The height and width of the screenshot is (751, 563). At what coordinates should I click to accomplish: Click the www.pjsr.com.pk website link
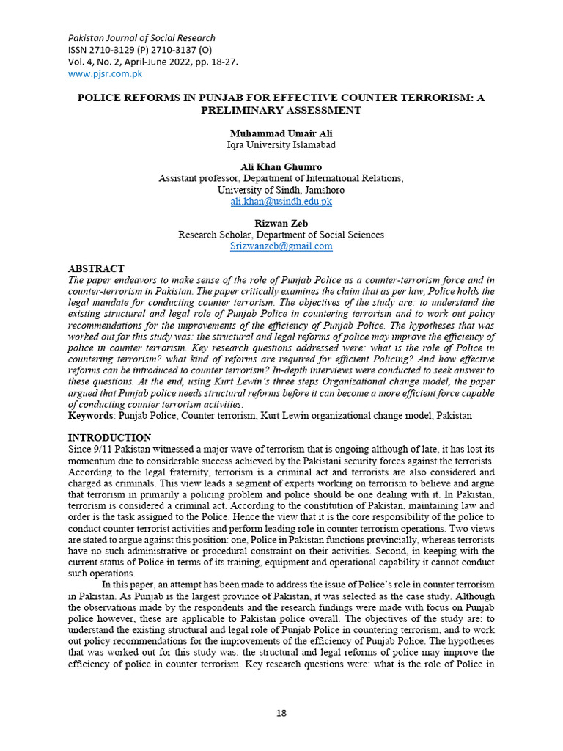coord(105,73)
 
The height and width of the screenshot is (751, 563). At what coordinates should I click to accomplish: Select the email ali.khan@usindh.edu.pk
coord(281,201)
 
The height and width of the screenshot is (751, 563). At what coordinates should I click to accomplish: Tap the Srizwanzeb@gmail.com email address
coord(281,246)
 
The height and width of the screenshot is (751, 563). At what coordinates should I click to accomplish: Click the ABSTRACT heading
coord(96,269)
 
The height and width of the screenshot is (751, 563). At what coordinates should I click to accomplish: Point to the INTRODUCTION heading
coord(110,438)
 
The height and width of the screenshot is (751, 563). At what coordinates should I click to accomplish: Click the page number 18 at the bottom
coord(281,713)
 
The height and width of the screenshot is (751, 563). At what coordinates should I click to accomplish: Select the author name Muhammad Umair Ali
coord(281,133)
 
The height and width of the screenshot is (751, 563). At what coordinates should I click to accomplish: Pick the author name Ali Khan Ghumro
coord(281,167)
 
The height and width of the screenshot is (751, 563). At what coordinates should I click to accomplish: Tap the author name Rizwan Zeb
coord(281,224)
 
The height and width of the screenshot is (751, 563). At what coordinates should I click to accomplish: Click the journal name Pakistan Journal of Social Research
coord(141,38)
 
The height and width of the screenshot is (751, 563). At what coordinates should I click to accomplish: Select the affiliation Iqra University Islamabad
coord(281,144)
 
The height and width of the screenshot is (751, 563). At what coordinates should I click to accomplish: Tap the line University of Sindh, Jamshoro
coord(281,190)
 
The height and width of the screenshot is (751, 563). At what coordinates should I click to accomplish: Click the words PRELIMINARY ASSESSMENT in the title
coord(281,110)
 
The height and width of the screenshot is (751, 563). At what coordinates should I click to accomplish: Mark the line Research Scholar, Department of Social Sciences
coord(281,235)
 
